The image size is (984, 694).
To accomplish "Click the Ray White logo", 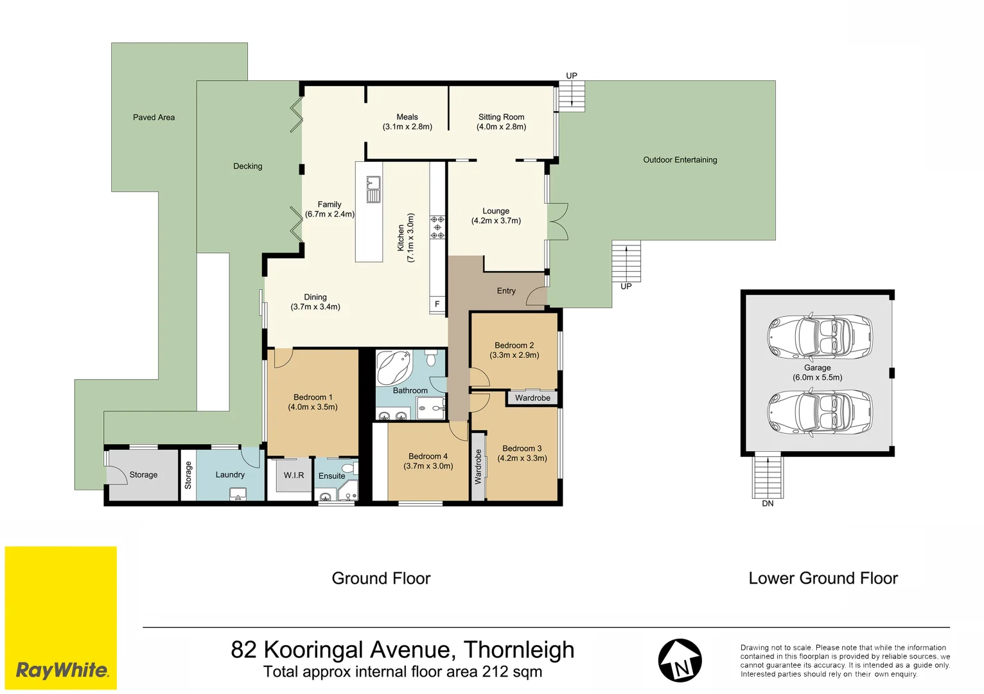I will (61, 670).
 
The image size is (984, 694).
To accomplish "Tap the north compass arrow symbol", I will (680, 661).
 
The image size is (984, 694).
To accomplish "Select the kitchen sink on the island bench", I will (373, 190).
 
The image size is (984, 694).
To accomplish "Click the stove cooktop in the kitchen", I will (437, 227).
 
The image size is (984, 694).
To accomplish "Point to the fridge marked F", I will (437, 304).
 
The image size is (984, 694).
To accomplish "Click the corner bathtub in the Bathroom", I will (394, 368).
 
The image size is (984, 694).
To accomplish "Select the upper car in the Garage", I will (819, 337).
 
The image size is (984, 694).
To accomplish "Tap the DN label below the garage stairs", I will (768, 504).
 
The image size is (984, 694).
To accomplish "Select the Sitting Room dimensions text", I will (501, 127).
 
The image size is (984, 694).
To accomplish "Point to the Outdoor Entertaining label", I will (680, 160).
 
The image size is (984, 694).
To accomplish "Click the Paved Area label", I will (154, 118).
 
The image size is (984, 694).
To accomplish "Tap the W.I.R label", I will (294, 476).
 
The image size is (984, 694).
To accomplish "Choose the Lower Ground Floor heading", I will (823, 578).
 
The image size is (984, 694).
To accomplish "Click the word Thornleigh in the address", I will (518, 650).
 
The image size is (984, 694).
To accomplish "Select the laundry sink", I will (238, 494).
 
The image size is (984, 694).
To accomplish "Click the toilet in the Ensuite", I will (348, 467).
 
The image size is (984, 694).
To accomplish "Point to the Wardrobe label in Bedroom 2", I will (532, 398).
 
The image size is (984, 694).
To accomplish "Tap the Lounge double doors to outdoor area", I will (558, 222).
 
